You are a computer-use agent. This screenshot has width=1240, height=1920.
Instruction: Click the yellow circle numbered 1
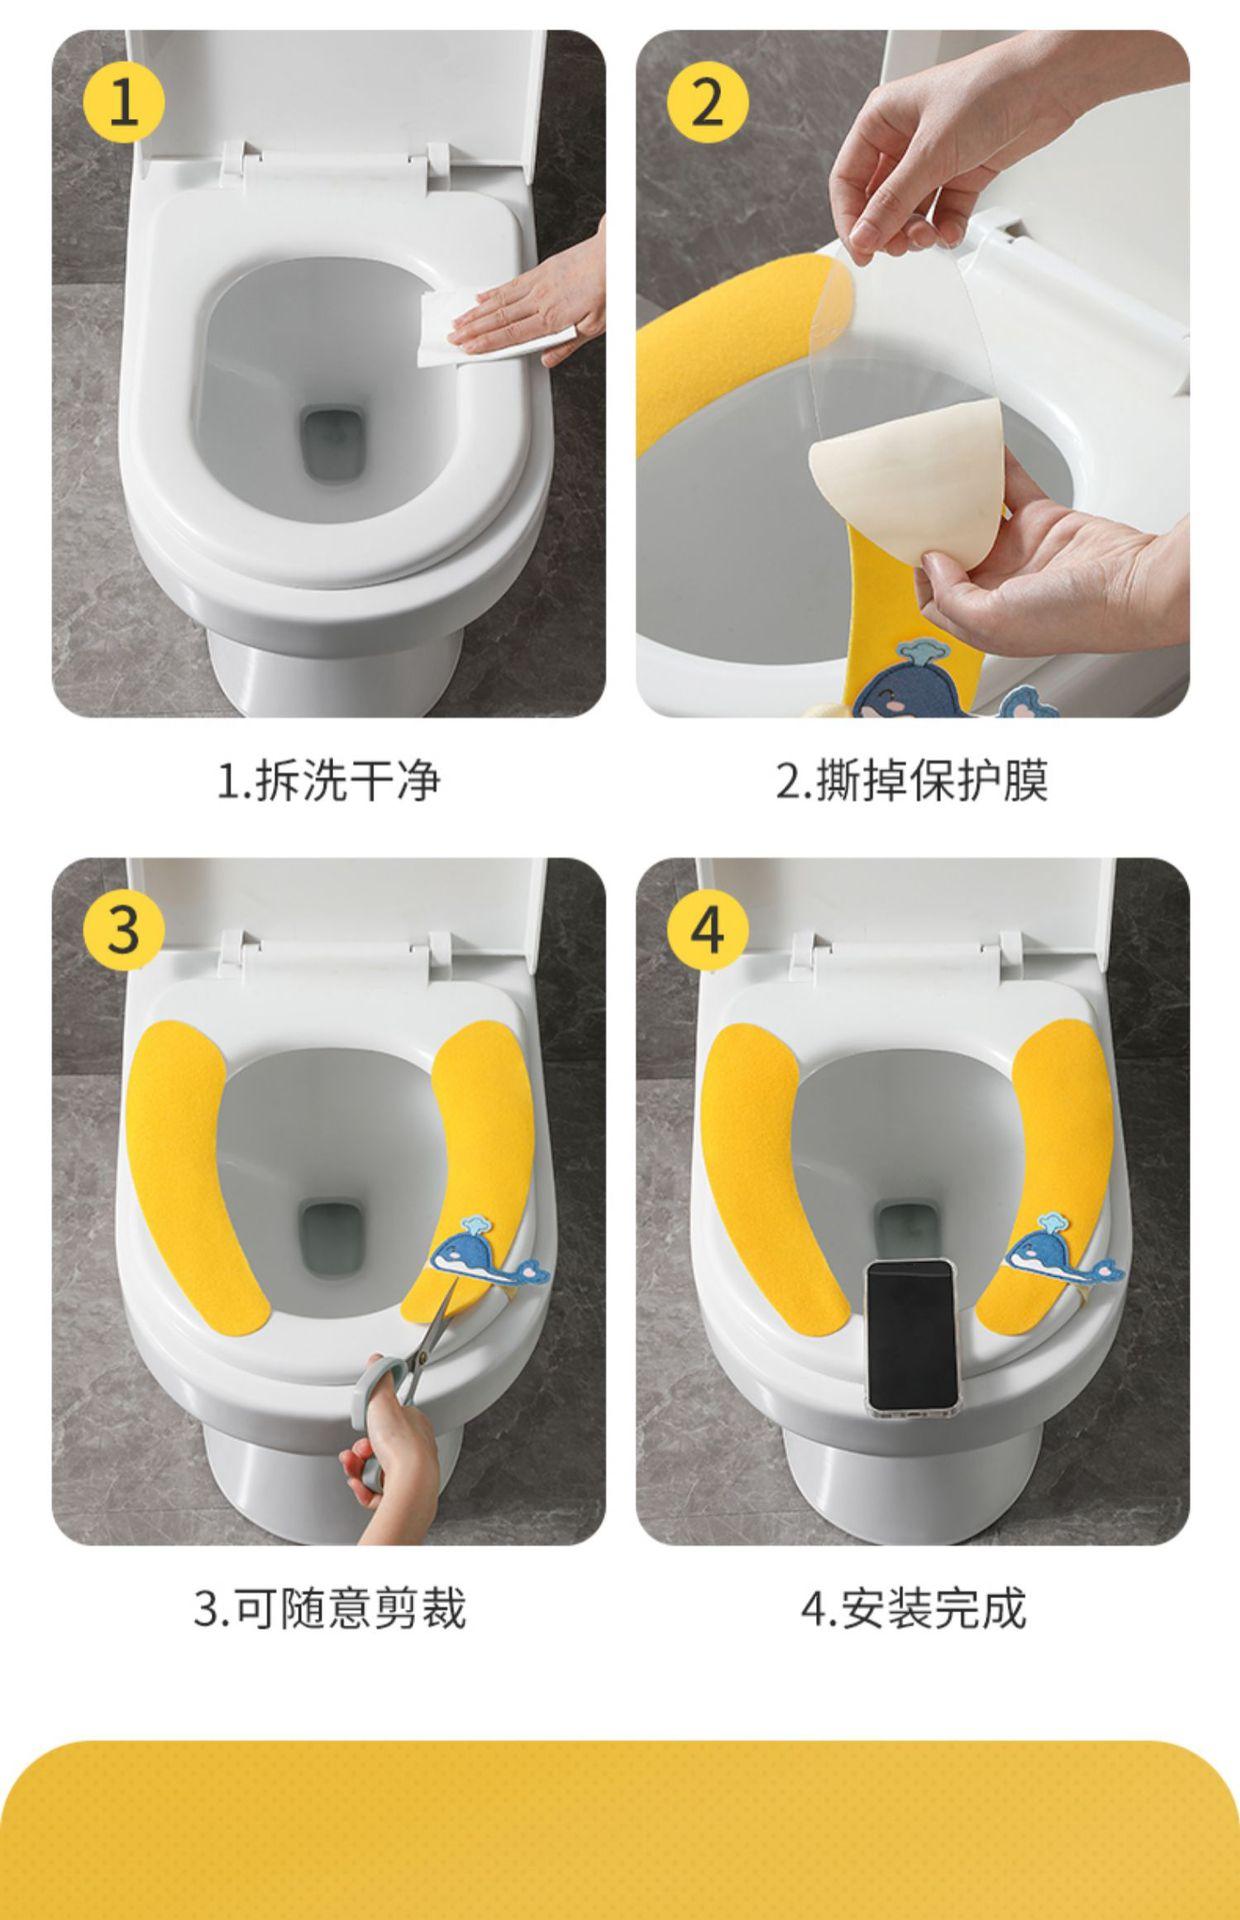[123, 101]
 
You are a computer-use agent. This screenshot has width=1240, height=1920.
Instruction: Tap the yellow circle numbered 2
[707, 101]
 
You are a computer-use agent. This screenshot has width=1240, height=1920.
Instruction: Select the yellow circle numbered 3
[123, 928]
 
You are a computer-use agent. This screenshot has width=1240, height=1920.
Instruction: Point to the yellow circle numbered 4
[707, 928]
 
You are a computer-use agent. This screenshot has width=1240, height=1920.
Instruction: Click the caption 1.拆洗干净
[329, 780]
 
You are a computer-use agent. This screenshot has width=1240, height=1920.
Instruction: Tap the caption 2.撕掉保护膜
[912, 780]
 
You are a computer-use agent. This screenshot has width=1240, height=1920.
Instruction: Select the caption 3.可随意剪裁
[329, 1608]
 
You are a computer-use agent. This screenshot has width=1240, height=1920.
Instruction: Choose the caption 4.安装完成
[913, 1608]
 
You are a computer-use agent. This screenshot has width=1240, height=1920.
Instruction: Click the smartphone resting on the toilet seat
[913, 1336]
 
